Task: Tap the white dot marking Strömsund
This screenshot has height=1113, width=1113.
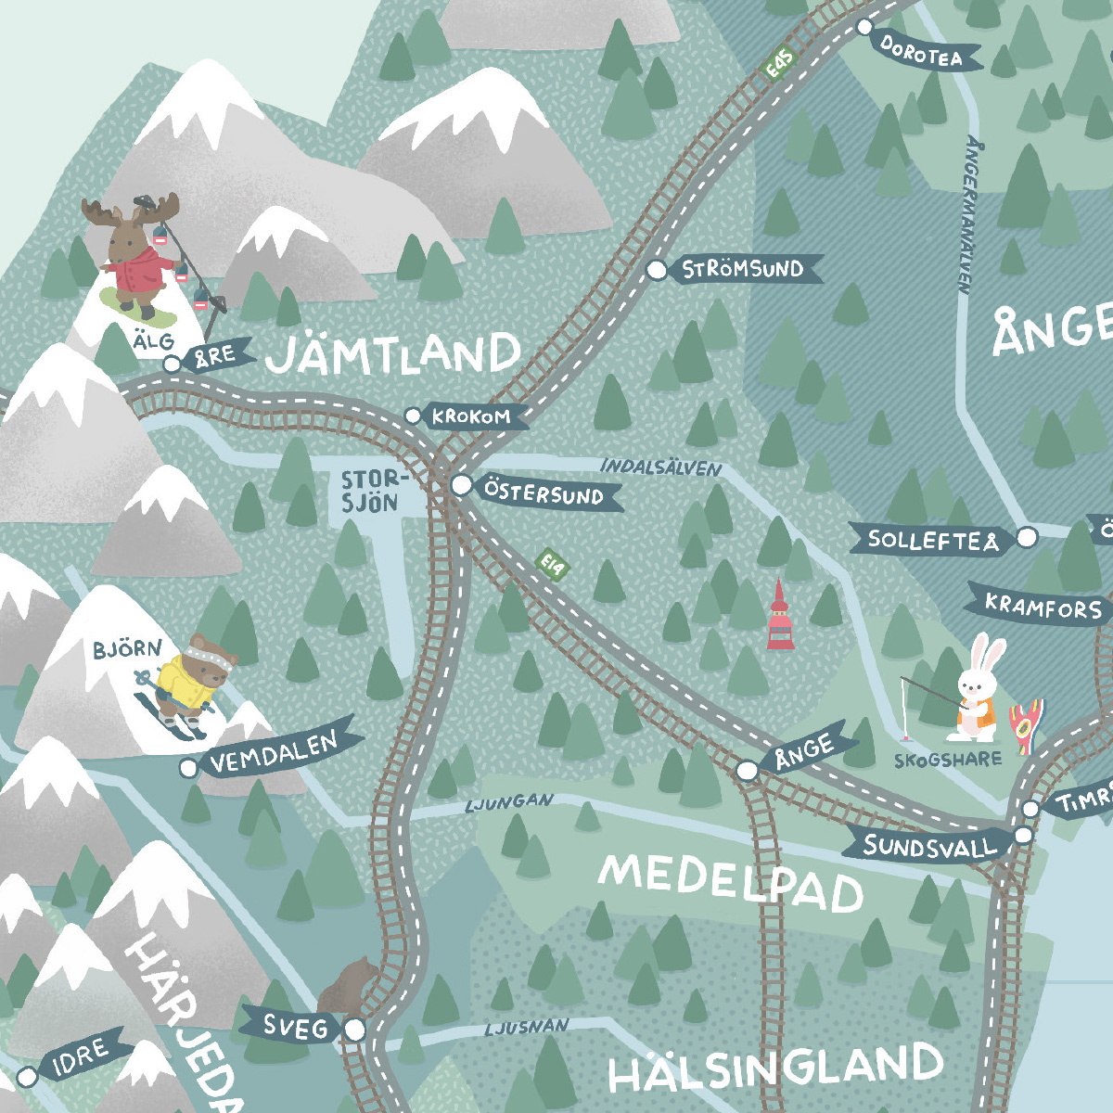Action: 657,270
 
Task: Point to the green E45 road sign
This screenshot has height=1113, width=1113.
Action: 779,64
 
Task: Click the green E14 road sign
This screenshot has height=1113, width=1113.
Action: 552,565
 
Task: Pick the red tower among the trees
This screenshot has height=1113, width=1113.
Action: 779,617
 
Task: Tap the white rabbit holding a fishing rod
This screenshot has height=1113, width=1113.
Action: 974,691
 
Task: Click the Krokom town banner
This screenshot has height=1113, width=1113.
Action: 471,417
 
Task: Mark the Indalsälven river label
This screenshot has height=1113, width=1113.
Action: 660,467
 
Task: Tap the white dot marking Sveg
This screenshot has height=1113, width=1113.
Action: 355,1030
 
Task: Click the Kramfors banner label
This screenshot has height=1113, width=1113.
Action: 1043,607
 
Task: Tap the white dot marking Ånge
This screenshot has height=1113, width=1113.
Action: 747,771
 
